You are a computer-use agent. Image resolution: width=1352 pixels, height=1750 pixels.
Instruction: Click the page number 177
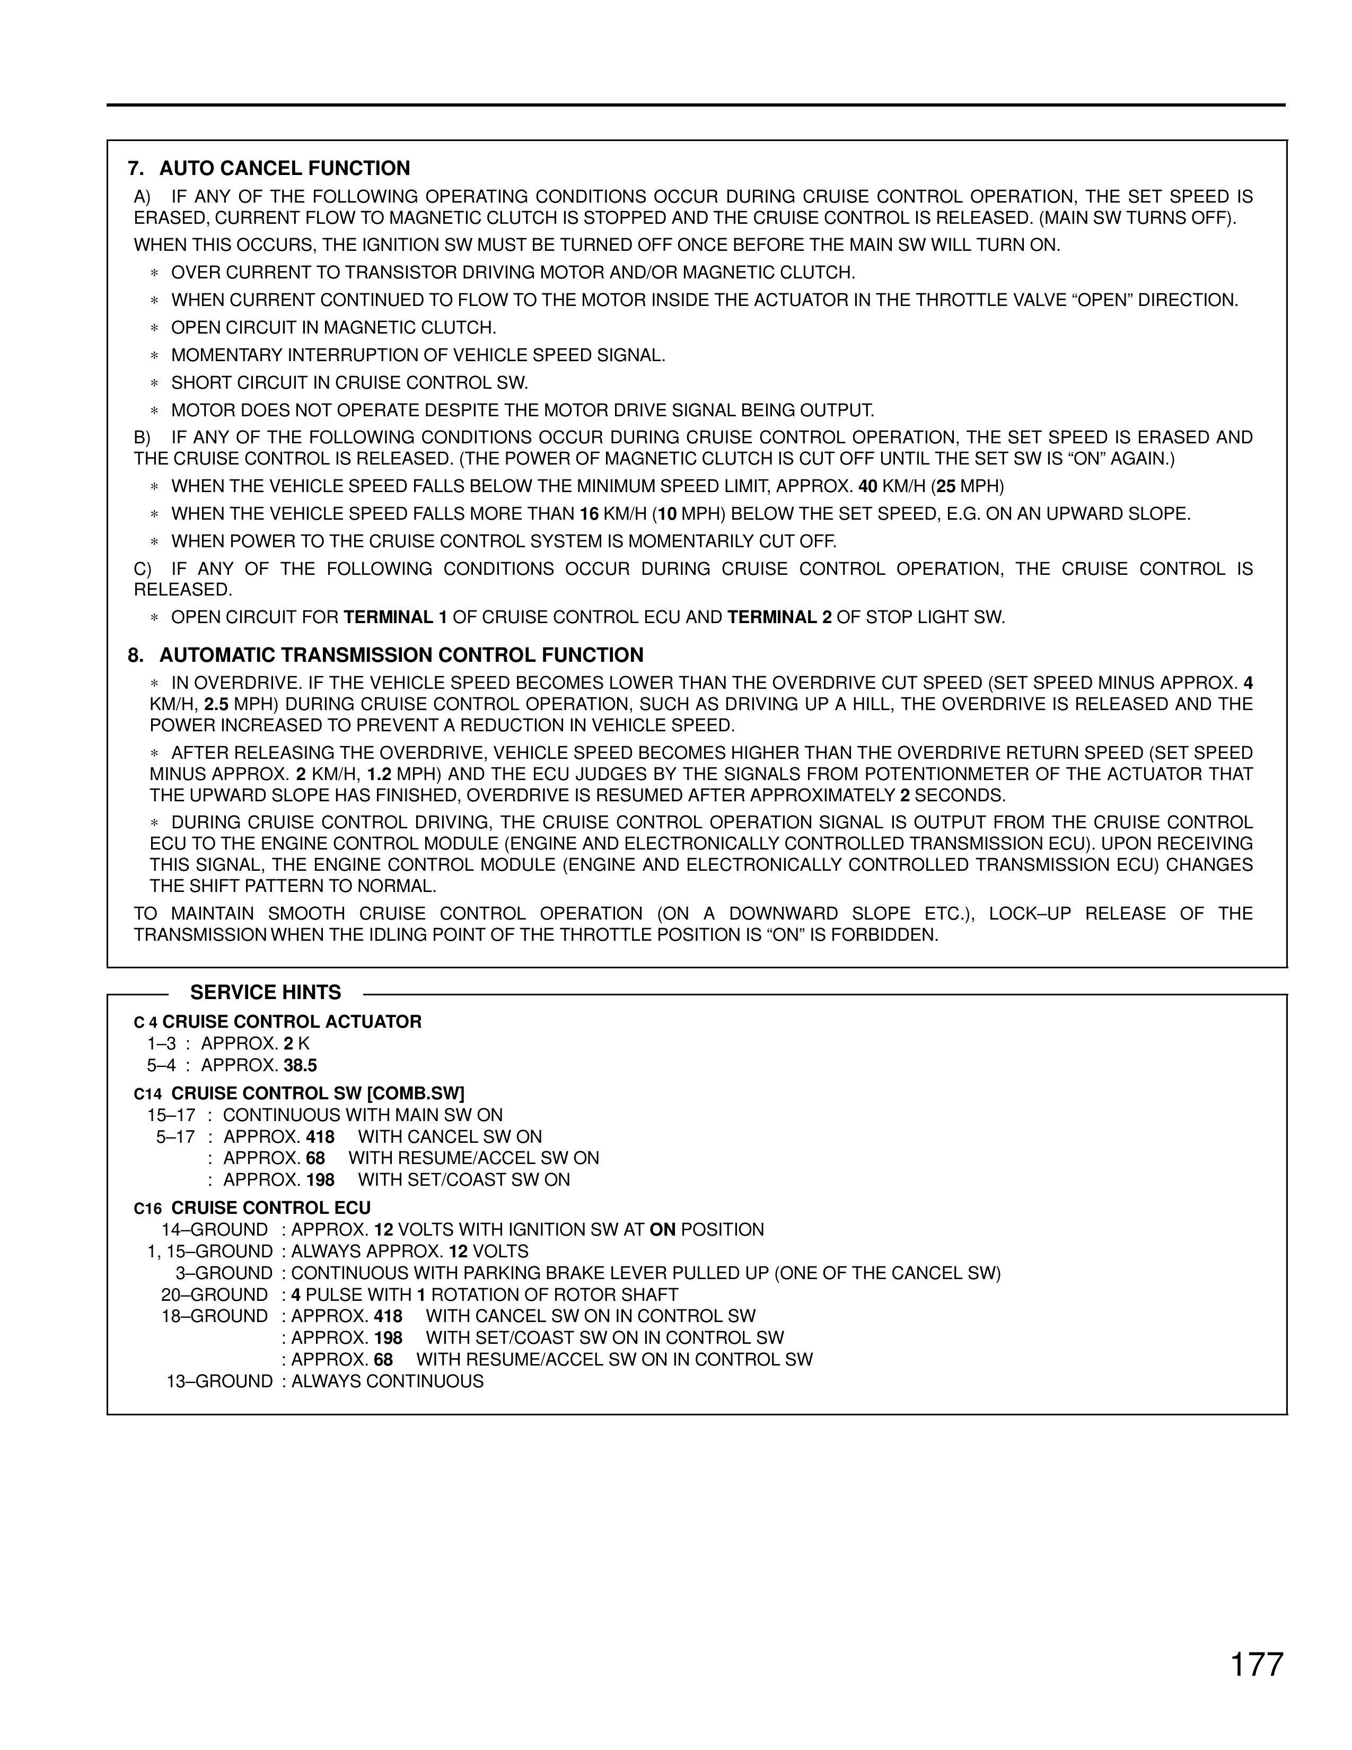click(x=1257, y=1664)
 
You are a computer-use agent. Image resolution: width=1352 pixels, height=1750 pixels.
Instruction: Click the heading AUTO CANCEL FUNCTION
click(x=284, y=168)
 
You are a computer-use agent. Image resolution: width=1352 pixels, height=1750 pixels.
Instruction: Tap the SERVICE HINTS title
click(x=265, y=993)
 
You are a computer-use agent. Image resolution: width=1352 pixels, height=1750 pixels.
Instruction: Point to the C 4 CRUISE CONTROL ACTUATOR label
click(x=277, y=1022)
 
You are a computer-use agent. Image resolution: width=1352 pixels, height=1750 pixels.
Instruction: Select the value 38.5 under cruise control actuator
click(x=300, y=1066)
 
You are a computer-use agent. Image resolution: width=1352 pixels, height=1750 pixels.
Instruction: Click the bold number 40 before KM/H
click(x=868, y=486)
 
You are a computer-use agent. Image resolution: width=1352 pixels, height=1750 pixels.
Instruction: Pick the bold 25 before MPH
click(x=946, y=486)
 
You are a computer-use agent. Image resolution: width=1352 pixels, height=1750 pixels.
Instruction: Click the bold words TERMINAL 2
click(x=779, y=618)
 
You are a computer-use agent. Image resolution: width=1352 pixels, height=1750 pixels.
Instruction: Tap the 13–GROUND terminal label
click(x=220, y=1381)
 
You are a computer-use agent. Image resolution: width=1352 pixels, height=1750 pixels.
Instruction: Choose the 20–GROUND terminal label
click(x=215, y=1295)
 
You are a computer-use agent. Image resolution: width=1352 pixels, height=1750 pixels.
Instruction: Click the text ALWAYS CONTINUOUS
click(x=388, y=1381)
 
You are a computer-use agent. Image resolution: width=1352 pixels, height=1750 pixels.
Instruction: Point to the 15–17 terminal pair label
click(x=171, y=1115)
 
